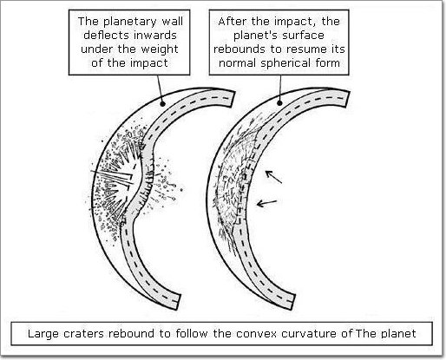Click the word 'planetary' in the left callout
130,23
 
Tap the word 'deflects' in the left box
105,36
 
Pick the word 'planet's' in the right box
250,36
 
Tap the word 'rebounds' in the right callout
239,49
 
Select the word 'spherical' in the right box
285,63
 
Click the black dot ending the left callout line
162,103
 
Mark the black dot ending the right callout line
279,103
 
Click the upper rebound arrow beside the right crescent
273,177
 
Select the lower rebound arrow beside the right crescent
267,203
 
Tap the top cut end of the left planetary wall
233,99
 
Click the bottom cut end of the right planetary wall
292,303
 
